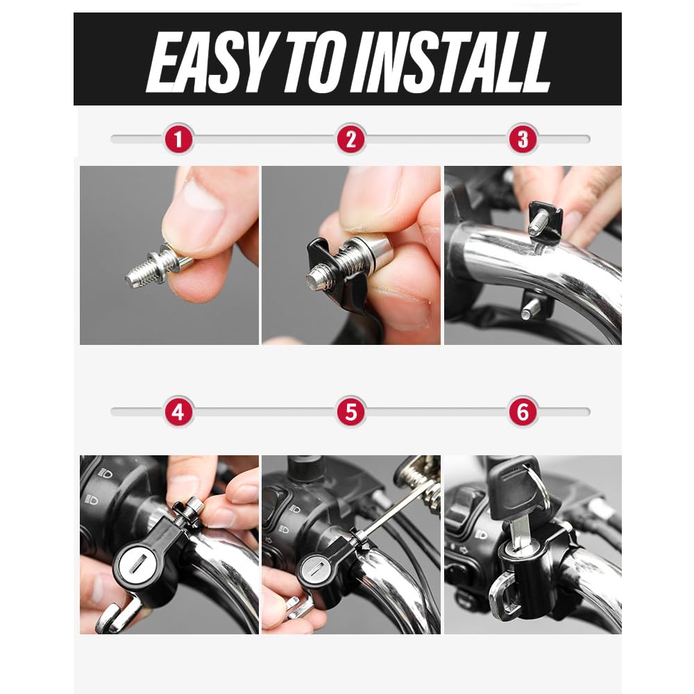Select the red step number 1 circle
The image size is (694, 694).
pos(178,139)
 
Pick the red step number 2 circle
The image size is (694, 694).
pos(351,139)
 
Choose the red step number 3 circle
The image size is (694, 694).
pos(523,139)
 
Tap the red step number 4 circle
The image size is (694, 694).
pos(178,412)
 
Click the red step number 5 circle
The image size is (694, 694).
pos(351,412)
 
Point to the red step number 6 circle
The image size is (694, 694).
pos(523,412)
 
